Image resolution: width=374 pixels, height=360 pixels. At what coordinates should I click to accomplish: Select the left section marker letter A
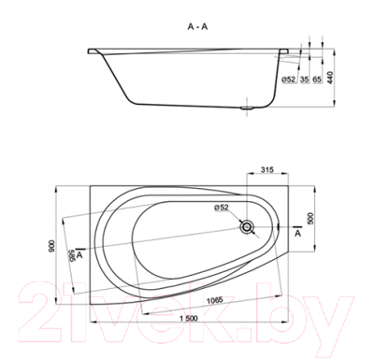(81, 253)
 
